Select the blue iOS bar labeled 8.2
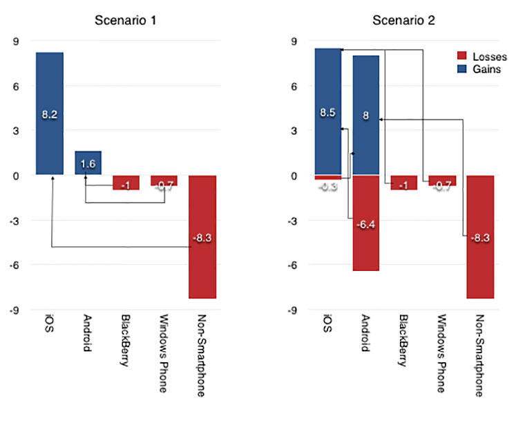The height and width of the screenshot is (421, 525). (50, 113)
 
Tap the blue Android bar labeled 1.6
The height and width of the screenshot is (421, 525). (88, 163)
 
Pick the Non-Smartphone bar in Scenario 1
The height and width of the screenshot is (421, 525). (202, 236)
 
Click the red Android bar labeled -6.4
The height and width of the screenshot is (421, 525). (366, 223)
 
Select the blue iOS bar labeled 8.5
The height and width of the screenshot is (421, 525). (328, 111)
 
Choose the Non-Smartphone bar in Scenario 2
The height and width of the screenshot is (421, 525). (481, 236)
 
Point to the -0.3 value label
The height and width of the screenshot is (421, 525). (328, 187)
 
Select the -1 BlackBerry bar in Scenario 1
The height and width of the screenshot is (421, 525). (126, 183)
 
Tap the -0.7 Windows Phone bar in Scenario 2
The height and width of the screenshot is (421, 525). (443, 181)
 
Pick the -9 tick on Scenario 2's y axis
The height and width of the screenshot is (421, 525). (292, 310)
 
